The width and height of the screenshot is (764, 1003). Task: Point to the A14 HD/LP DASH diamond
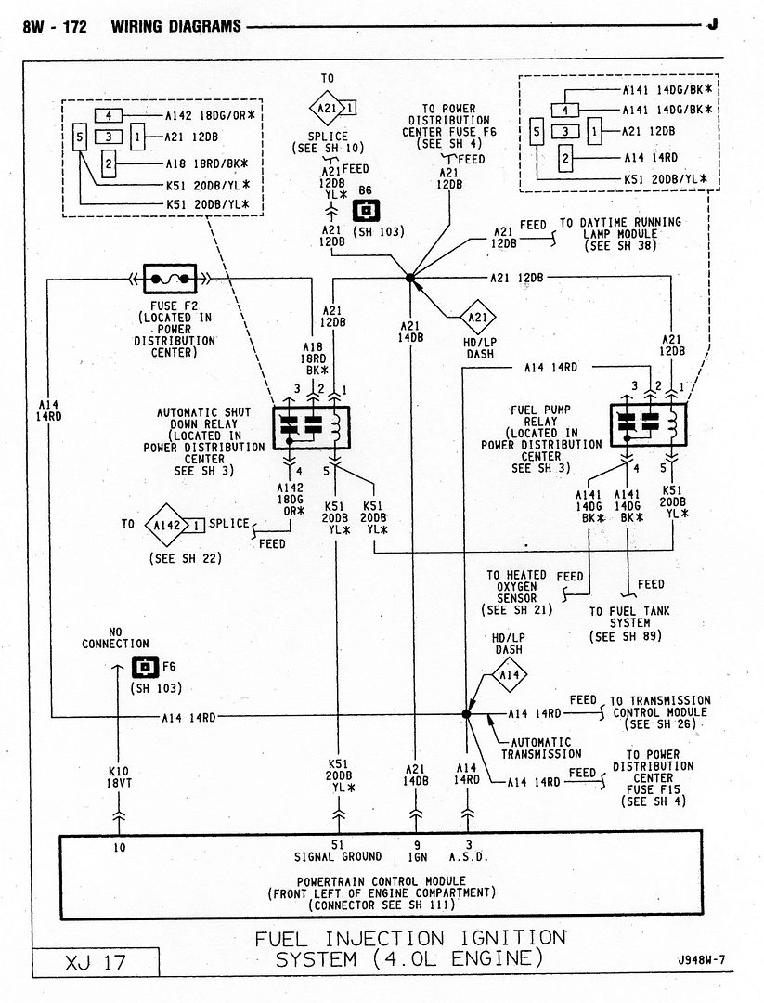508,675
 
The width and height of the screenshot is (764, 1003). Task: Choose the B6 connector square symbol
365,211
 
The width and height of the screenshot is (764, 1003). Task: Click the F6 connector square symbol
144,667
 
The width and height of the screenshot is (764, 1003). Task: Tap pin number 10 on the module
120,846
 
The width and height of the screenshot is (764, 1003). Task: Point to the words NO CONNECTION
115,637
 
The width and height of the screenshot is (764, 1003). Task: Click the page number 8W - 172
55,26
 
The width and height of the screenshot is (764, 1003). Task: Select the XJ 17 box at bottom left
95,962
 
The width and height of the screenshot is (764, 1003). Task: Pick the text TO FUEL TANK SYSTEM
630,623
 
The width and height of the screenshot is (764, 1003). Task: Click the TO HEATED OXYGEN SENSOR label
516,593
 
